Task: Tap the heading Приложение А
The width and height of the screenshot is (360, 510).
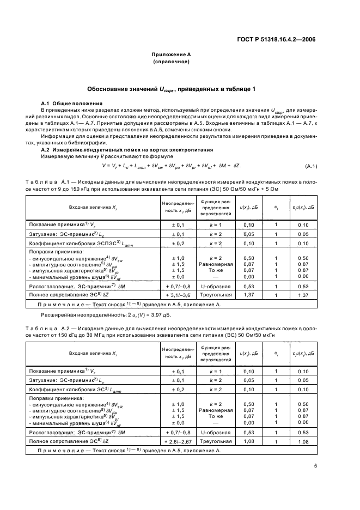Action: (171, 55)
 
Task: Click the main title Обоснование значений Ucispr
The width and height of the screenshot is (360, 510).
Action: (171, 88)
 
